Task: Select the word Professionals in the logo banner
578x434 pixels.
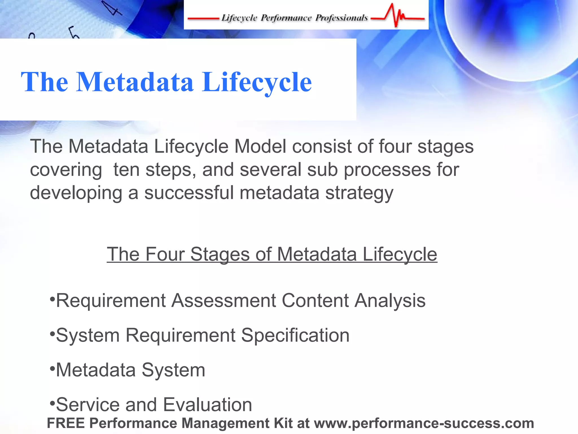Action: click(341, 18)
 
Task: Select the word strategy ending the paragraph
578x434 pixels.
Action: click(359, 193)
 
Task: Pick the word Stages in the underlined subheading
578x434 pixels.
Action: click(220, 254)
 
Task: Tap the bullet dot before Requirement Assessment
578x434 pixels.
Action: click(52, 299)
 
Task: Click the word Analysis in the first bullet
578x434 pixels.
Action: click(390, 300)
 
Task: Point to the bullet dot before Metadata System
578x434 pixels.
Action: click(52, 368)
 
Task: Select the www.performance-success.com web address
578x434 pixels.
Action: click(424, 423)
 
